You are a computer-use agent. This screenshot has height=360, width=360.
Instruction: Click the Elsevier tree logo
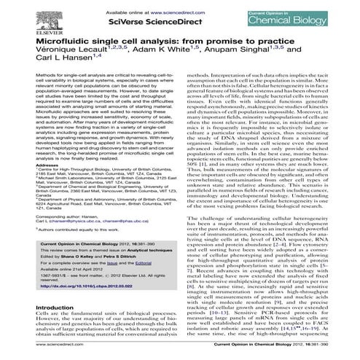tap(20, 16)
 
